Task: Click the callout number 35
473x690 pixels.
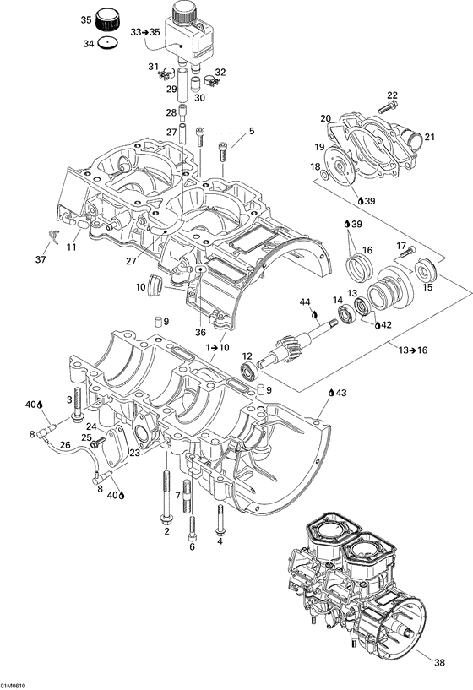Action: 86,19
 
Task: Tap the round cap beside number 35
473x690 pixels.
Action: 108,19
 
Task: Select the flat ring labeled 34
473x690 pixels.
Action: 106,42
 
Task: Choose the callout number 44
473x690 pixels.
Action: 306,302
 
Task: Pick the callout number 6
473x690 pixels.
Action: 192,546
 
